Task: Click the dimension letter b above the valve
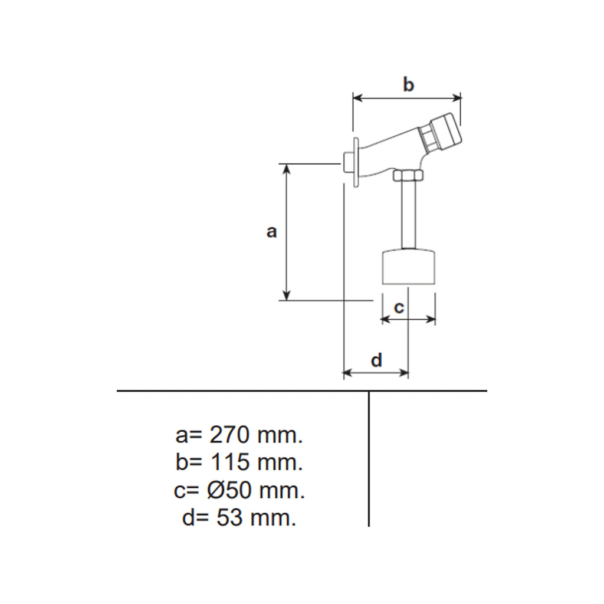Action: tap(408, 84)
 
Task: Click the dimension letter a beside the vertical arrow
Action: tap(271, 232)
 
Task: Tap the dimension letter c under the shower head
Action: tap(399, 307)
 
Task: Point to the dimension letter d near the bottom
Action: tap(376, 360)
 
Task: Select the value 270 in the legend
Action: tap(229, 435)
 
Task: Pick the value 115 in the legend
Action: tap(230, 462)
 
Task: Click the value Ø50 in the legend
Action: tap(229, 490)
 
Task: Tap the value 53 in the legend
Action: tap(229, 517)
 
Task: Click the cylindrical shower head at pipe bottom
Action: tap(408, 268)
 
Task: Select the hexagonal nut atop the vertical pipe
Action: tap(408, 176)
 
